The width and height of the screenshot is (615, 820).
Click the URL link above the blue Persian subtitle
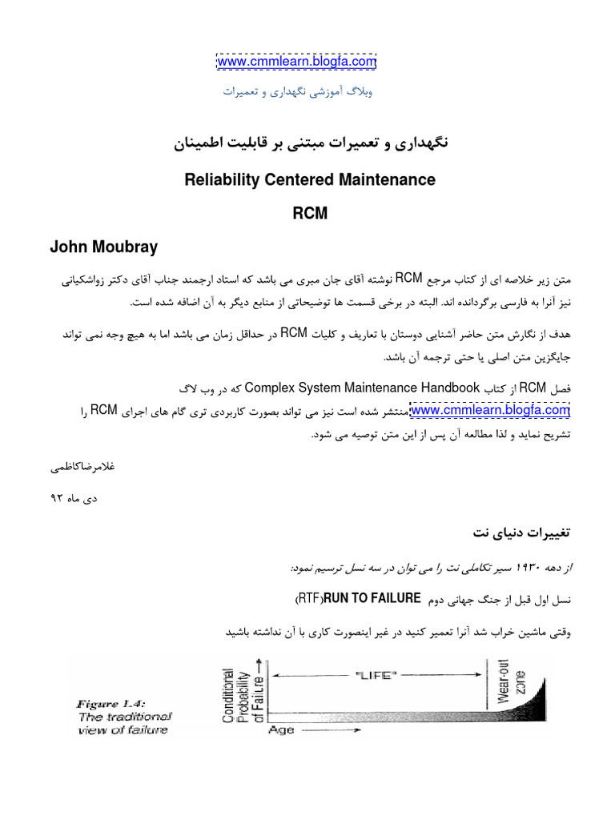coord(296,62)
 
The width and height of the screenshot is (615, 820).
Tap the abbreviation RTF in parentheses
coord(309,598)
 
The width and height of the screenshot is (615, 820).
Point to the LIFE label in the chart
coord(376,676)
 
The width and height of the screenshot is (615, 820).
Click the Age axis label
coord(281,730)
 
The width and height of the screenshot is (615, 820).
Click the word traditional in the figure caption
coord(138,717)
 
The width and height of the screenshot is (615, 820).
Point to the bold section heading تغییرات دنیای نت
coord(520,532)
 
